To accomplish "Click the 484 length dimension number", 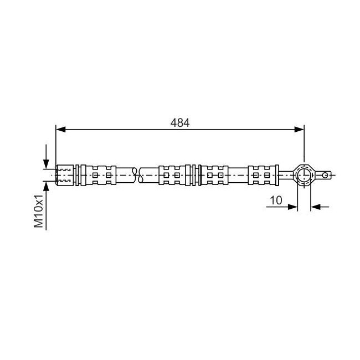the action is click(x=180, y=122).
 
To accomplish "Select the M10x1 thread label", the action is click(x=38, y=211).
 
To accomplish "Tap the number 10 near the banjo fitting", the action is click(x=276, y=200).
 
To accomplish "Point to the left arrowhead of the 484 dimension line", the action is click(x=61, y=129).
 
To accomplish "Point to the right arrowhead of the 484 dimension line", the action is click(x=299, y=129).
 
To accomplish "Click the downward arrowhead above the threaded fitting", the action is click(x=46, y=164).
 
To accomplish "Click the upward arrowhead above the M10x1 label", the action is click(x=46, y=186).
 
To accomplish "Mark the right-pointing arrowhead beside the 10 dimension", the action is click(x=293, y=207).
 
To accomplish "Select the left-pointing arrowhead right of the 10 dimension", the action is click(x=316, y=207).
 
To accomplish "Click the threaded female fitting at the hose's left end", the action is click(x=65, y=175).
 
